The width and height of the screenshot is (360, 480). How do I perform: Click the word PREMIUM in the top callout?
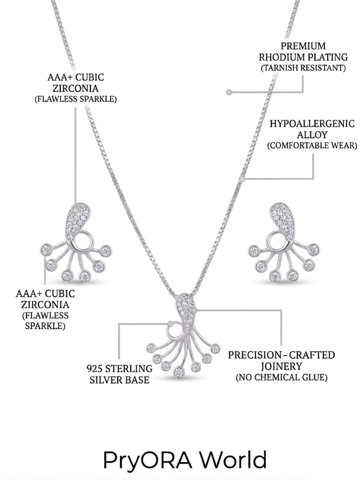tap(303, 46)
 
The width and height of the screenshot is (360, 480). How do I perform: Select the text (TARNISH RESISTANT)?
tap(303, 68)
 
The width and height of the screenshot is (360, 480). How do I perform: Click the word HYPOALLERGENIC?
tap(312, 124)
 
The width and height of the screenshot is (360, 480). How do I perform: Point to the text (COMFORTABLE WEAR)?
tap(312, 145)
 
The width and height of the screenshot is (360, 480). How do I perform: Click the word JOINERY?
tap(281, 366)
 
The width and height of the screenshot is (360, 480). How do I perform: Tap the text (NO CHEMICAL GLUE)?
tap(281, 377)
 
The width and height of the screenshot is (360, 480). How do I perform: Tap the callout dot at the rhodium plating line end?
tap(228, 92)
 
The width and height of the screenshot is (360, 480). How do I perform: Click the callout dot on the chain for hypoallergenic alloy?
tap(242, 178)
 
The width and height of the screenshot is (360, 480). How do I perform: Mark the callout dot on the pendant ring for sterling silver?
tap(170, 323)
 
